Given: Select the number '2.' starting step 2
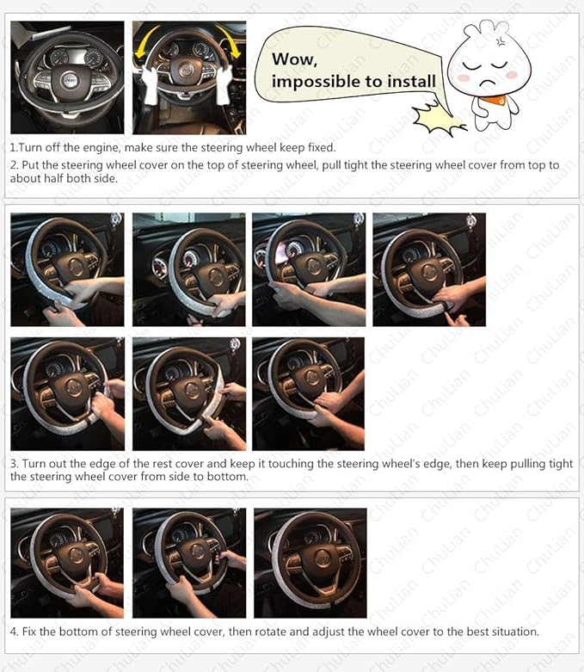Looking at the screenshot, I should click(15, 165).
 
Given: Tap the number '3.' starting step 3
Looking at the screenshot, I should click(15, 464).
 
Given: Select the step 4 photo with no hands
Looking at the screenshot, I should click(310, 563).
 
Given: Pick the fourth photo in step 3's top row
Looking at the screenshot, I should click(428, 269).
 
